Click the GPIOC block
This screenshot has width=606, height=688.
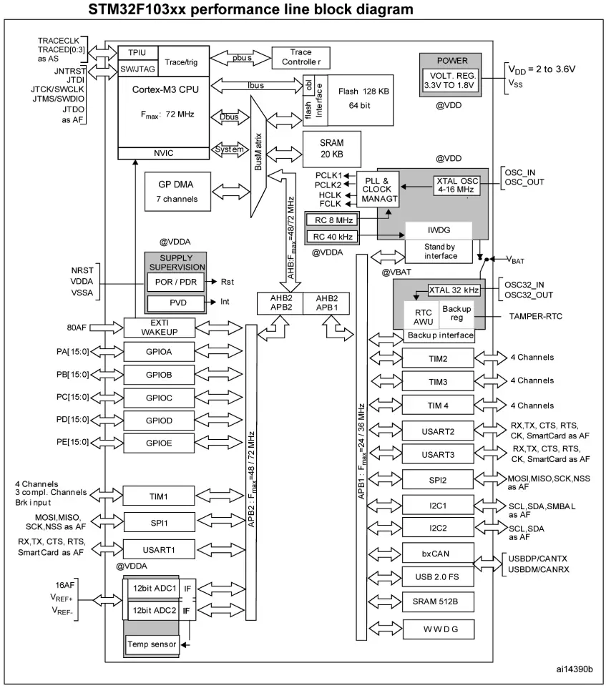(x=158, y=397)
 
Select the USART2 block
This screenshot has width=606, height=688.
(x=438, y=431)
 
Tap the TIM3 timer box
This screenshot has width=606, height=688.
(x=438, y=380)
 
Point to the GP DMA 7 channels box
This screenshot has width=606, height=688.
(x=177, y=191)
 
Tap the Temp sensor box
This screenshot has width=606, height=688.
(x=152, y=645)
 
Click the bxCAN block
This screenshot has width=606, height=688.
(x=438, y=552)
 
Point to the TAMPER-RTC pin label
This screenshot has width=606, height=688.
(x=536, y=315)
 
